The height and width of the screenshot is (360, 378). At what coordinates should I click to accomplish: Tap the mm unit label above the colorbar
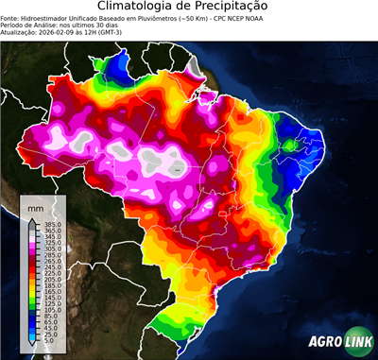coord(37,206)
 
